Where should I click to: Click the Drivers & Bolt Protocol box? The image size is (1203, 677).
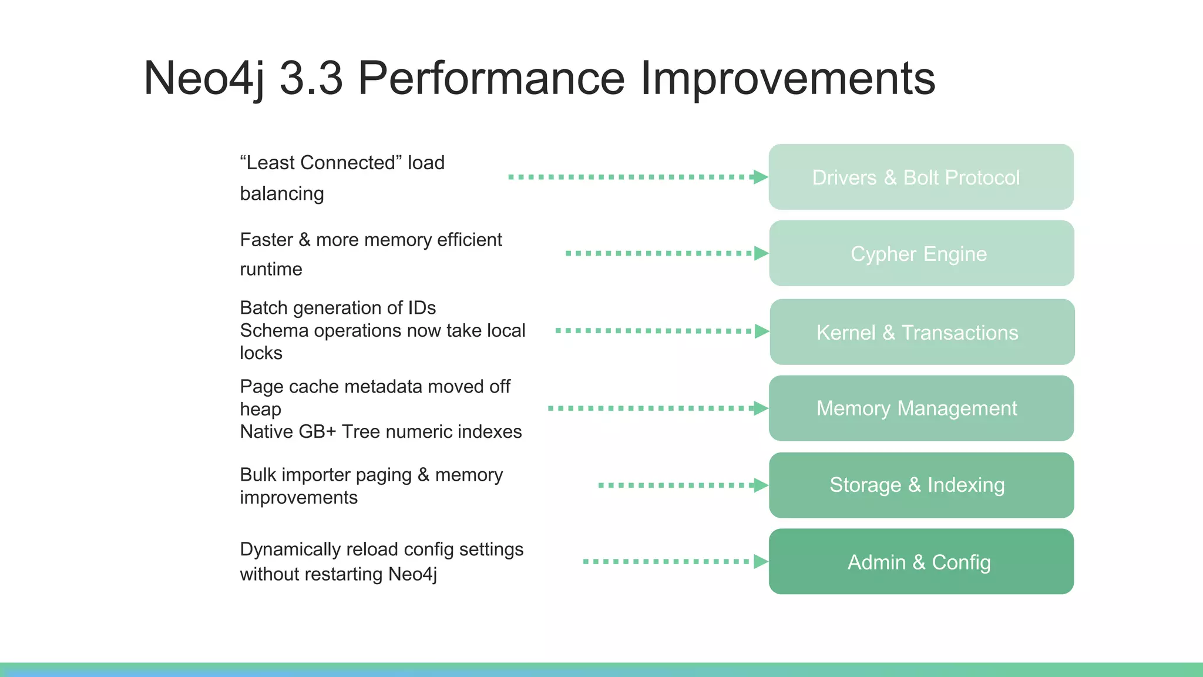[921, 177]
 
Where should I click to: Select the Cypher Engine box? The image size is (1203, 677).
[921, 253]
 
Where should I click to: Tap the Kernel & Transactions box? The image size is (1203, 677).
[921, 332]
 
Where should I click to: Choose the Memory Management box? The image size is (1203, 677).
[921, 408]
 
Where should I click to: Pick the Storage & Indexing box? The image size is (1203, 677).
[921, 485]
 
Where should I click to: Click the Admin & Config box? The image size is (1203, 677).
[921, 562]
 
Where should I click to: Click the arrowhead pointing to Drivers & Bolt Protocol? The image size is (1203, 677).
[761, 177]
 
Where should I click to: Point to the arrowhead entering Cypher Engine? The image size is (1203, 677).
[761, 253]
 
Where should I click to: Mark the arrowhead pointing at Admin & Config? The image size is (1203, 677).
[761, 562]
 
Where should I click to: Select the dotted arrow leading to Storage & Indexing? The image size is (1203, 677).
[676, 485]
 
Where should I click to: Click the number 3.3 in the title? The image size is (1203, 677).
[311, 78]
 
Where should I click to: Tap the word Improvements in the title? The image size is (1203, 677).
[787, 78]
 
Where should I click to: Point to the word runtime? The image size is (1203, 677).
[271, 269]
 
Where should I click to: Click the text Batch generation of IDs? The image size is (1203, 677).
[338, 308]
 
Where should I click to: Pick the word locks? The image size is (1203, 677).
[261, 353]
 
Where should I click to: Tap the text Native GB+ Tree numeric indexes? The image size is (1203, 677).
[381, 432]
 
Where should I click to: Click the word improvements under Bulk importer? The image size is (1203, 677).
[298, 498]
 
